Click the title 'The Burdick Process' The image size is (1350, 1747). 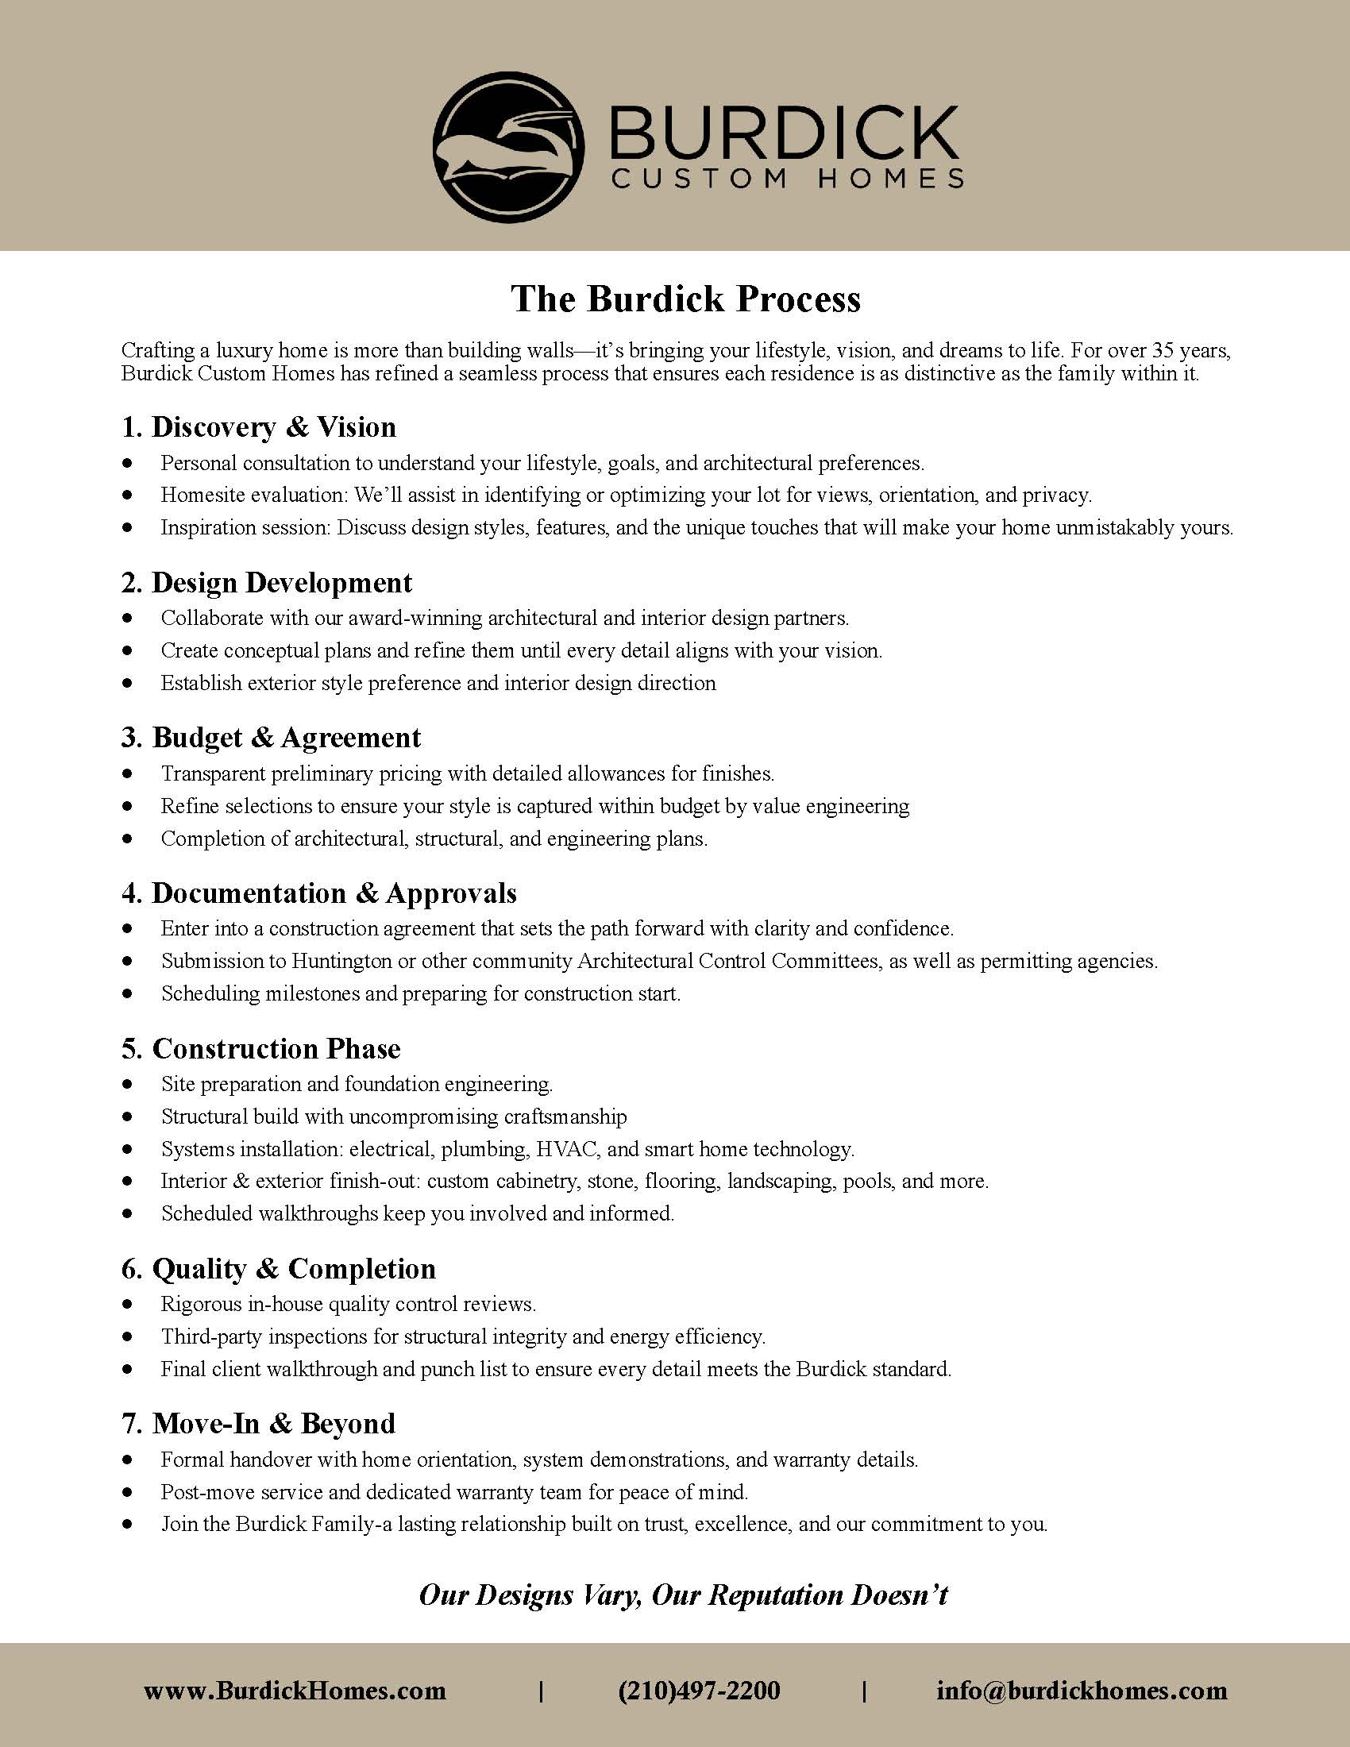tap(686, 299)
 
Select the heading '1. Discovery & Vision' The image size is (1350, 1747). tap(258, 427)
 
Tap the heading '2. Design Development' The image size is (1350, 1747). tap(266, 582)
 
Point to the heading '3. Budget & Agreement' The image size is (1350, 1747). tap(270, 738)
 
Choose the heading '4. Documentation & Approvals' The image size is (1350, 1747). tap(318, 893)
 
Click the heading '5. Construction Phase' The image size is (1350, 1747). tap(260, 1049)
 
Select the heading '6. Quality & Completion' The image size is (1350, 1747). tap(278, 1269)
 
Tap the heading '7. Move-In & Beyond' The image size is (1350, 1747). tap(257, 1424)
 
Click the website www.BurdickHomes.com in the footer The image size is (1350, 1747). tap(295, 1690)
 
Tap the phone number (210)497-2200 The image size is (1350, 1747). tap(699, 1690)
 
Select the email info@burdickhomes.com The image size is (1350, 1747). tap(1082, 1690)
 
